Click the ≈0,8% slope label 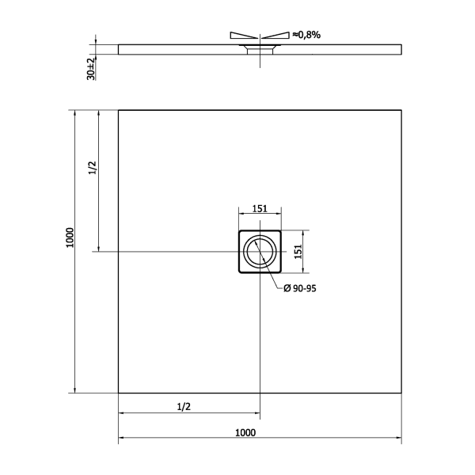click(x=306, y=35)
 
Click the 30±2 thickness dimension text click(x=91, y=68)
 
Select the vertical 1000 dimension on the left click(x=70, y=237)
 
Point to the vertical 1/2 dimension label click(x=92, y=168)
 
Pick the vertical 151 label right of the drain click(x=298, y=251)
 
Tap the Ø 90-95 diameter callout click(x=300, y=289)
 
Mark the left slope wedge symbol click(x=242, y=36)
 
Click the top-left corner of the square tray click(x=119, y=110)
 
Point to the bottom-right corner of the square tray click(x=401, y=393)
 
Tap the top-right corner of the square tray click(x=401, y=110)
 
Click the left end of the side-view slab click(x=120, y=49)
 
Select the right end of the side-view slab click(x=400, y=49)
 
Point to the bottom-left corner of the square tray click(x=119, y=393)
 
